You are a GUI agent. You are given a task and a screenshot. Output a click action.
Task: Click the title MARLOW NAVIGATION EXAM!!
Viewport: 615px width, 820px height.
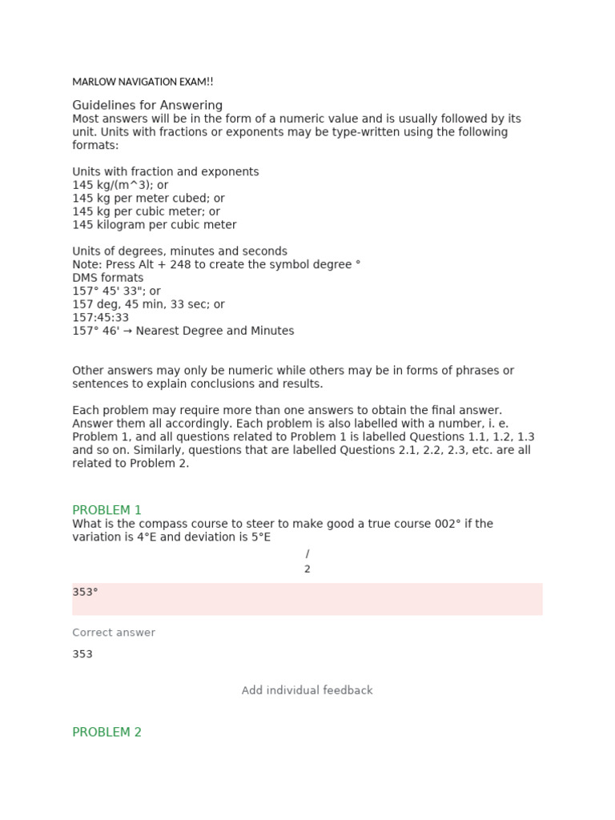coord(143,82)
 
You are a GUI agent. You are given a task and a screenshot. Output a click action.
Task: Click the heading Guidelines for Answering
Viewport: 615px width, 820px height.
coord(147,106)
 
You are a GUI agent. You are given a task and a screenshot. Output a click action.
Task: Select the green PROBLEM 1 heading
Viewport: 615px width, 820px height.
coord(107,510)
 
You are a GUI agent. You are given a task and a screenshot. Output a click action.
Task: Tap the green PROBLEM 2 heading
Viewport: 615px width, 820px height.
coord(107,732)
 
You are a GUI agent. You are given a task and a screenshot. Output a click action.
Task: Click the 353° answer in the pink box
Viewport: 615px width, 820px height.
coord(85,593)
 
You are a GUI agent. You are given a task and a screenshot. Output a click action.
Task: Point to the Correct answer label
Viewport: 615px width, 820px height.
coord(114,633)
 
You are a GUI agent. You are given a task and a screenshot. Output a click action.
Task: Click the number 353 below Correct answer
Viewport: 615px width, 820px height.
coord(82,654)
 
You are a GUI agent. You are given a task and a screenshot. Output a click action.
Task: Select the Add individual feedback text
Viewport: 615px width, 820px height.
coord(307,690)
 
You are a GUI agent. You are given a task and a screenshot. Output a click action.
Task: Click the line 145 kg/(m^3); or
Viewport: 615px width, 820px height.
coord(120,185)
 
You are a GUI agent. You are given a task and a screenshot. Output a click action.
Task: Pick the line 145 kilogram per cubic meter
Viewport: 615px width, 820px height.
coord(154,225)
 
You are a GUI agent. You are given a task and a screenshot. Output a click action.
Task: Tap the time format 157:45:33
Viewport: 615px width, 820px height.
coord(100,318)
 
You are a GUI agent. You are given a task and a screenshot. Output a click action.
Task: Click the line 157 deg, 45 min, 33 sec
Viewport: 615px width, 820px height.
coord(148,304)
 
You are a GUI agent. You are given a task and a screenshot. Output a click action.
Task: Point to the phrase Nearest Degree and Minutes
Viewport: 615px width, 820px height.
coord(215,331)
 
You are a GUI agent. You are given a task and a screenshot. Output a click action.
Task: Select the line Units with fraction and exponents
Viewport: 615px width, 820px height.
coord(165,172)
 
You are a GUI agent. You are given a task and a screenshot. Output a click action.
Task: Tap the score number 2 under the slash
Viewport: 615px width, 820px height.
coord(307,569)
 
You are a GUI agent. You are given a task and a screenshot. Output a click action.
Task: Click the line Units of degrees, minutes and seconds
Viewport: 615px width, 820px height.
coord(179,251)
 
